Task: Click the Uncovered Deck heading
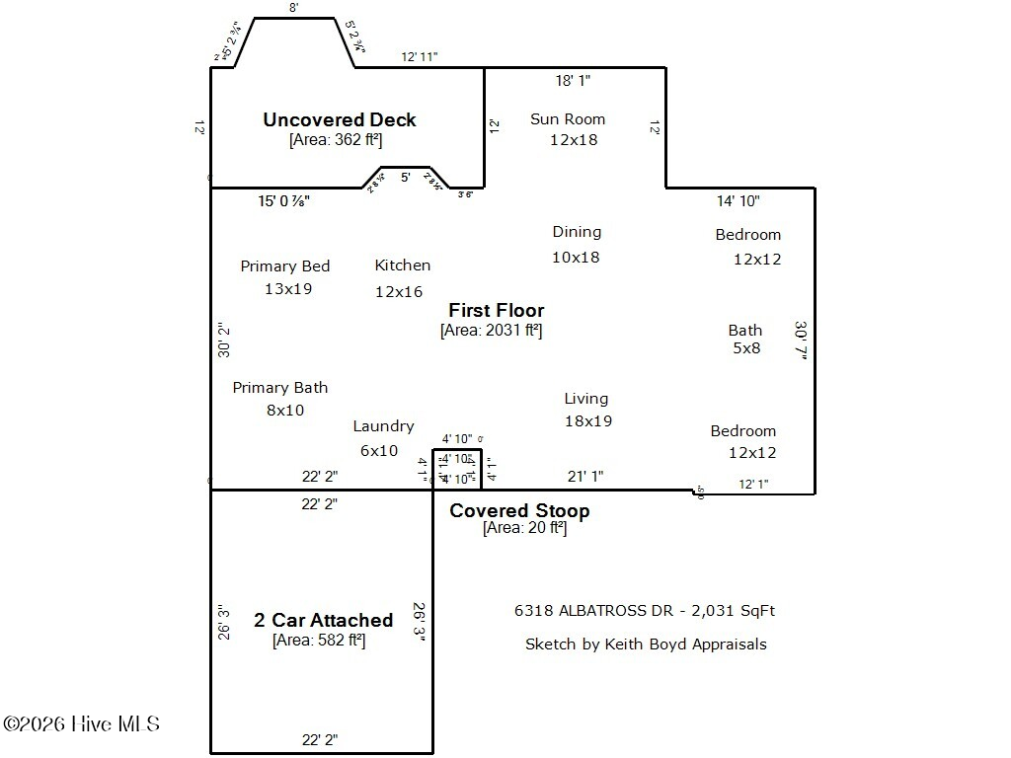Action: (339, 119)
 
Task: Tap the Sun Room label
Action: (567, 118)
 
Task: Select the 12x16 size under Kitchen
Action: (398, 291)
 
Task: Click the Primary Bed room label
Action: (284, 265)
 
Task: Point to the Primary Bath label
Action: (279, 387)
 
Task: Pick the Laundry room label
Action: (383, 425)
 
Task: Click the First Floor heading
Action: (496, 310)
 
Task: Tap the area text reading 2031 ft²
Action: (491, 331)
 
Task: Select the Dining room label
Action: (577, 231)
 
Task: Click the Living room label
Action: (585, 398)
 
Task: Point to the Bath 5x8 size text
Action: (745, 347)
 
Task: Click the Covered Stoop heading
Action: (519, 510)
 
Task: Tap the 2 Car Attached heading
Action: (323, 620)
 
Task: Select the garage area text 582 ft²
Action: (319, 641)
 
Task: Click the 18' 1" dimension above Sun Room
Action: (575, 80)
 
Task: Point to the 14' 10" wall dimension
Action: (738, 200)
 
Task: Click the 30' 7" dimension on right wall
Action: (801, 341)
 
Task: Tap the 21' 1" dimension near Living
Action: (584, 476)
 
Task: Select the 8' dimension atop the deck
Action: (293, 7)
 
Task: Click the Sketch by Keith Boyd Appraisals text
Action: (645, 644)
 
